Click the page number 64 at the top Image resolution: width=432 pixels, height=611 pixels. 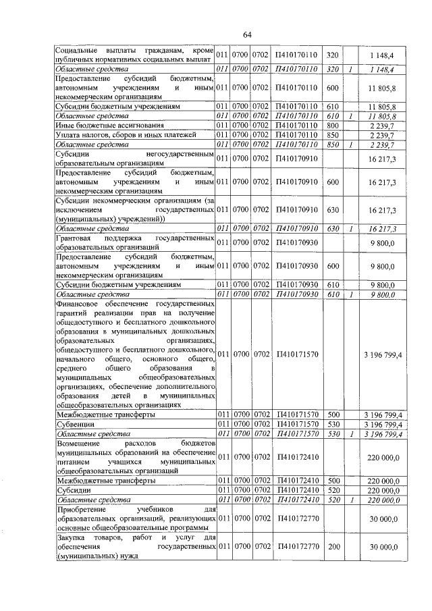tap(247, 34)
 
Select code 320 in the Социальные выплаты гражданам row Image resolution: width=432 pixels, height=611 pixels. tap(331, 53)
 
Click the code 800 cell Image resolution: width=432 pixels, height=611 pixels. tap(331, 125)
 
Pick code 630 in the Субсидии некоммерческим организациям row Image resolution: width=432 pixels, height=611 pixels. tap(331, 211)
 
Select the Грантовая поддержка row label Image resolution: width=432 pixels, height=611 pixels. tap(135, 243)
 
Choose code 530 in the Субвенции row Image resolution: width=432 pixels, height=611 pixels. tap(331, 423)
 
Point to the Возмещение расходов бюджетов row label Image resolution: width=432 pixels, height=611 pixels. tap(135, 457)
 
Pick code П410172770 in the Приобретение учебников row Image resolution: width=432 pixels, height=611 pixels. tap(297, 517)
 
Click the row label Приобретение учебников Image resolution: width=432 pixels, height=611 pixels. tap(135, 517)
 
